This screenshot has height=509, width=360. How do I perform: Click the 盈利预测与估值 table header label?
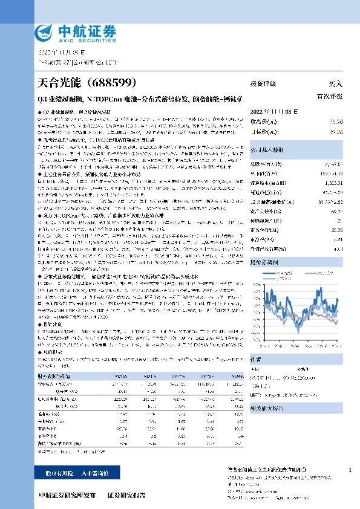(x=55, y=375)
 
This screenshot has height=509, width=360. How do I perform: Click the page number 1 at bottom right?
(x=350, y=470)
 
